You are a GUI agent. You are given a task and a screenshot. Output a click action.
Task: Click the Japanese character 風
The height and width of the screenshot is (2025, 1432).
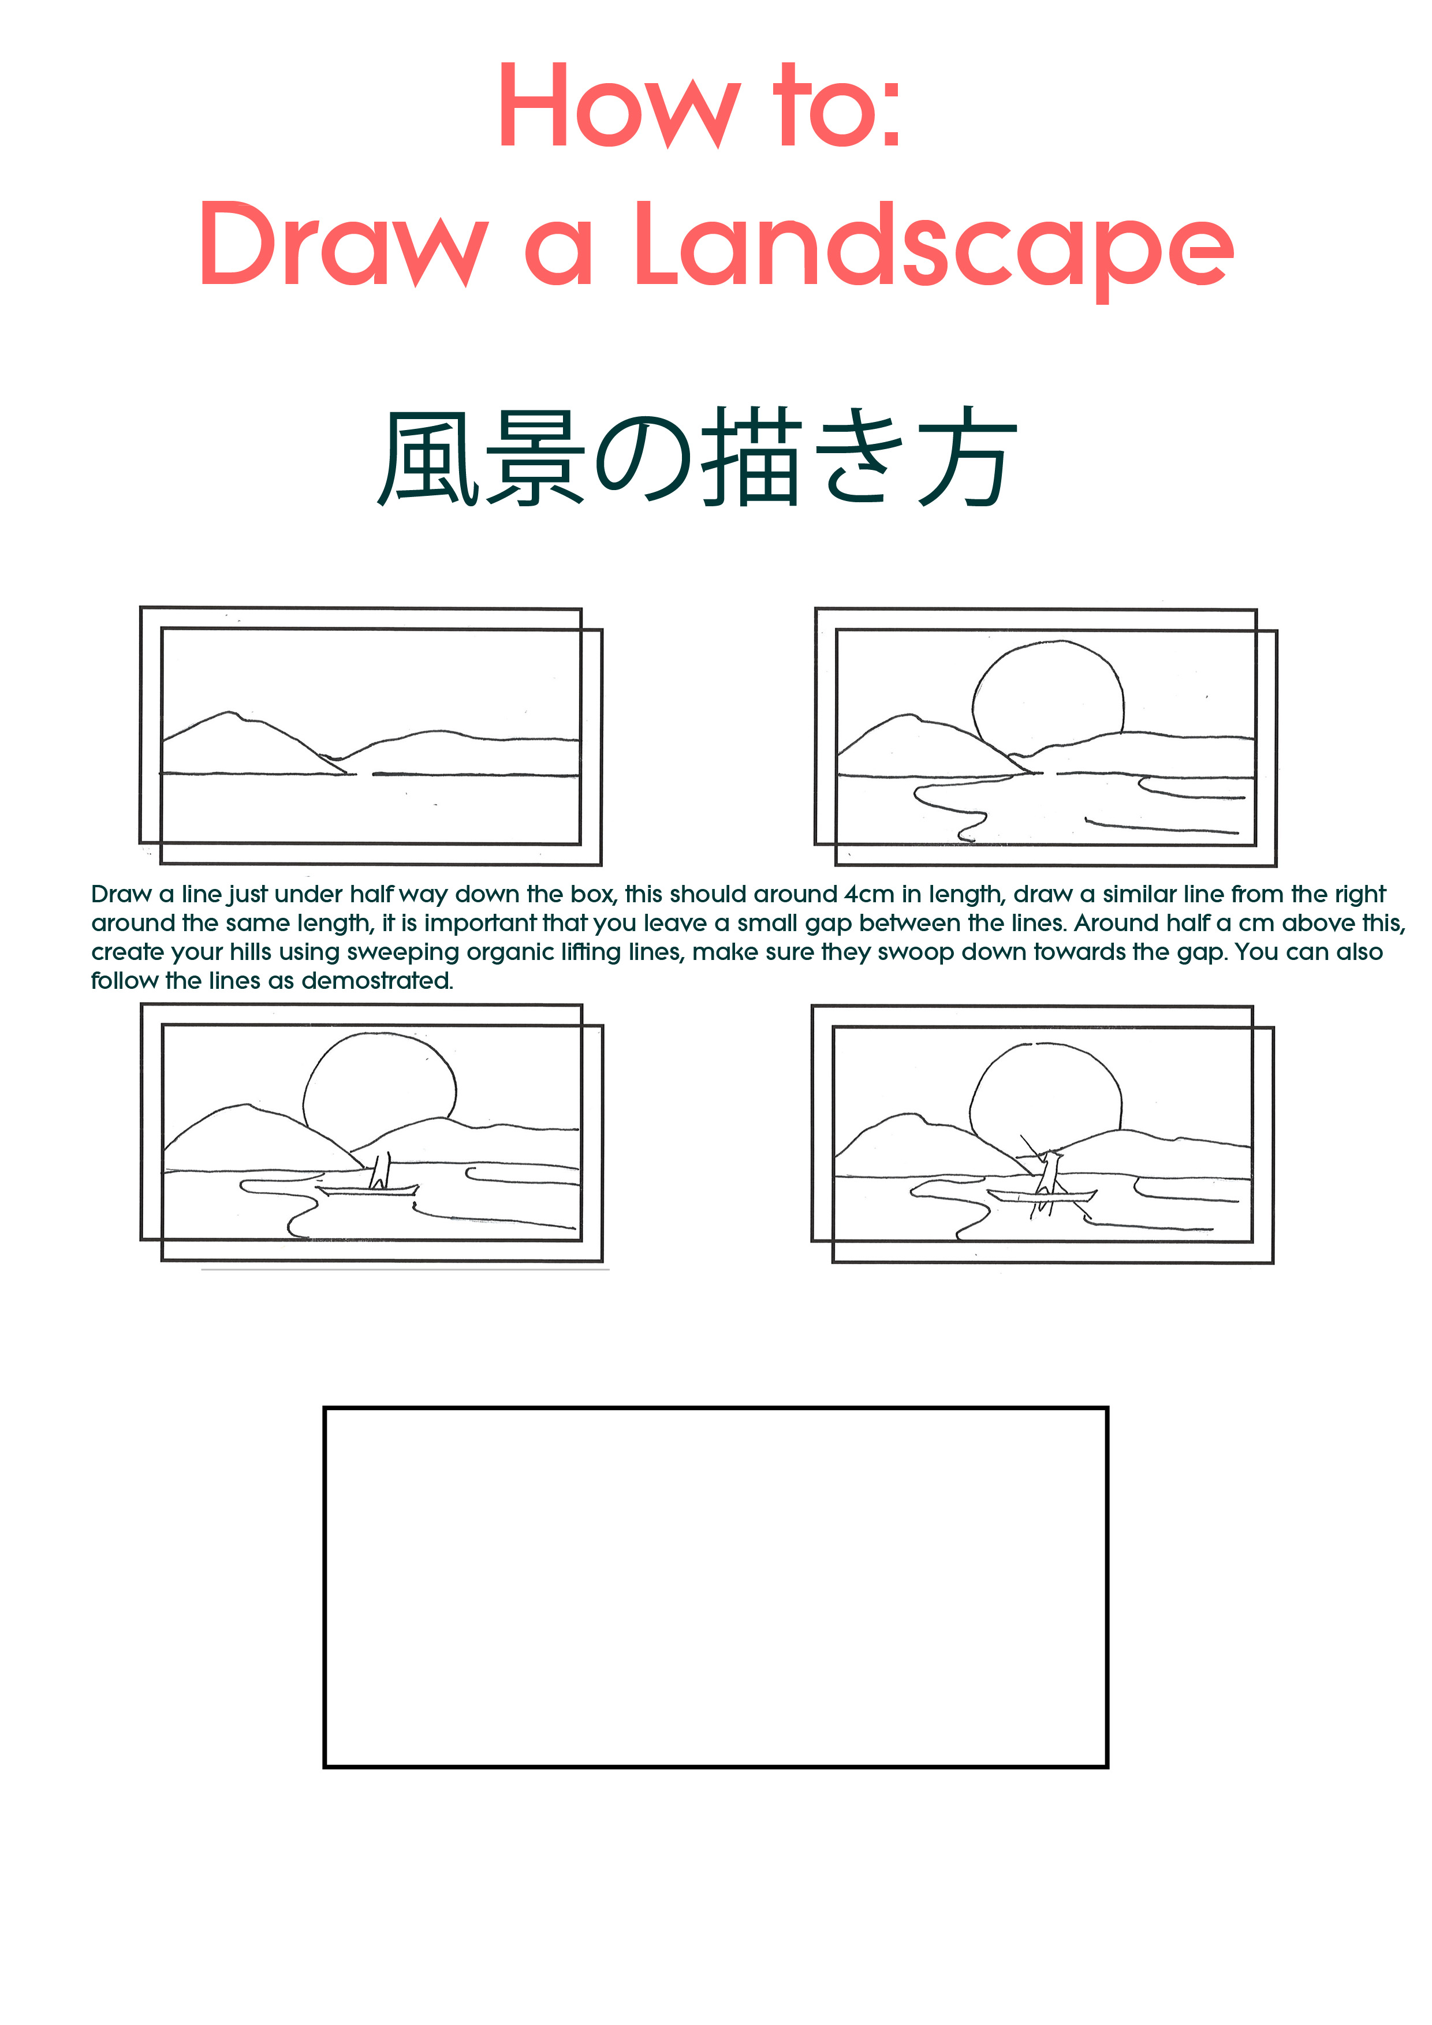[x=429, y=458]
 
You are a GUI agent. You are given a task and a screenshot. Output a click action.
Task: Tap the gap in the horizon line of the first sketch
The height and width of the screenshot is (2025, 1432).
[x=364, y=774]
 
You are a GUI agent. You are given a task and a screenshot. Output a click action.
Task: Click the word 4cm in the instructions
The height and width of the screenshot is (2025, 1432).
[x=869, y=894]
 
